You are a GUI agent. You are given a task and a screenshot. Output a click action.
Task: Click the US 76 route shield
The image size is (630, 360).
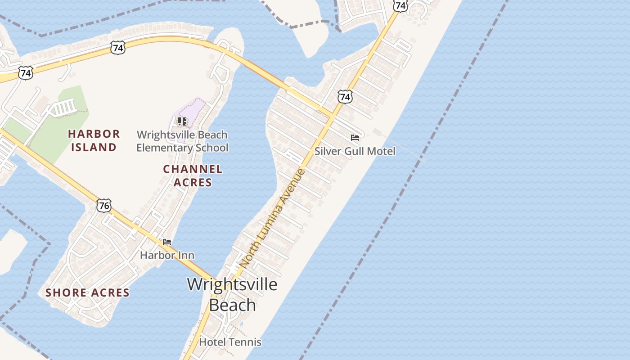104,206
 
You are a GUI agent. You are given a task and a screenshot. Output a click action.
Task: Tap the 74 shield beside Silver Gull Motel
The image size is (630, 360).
345,96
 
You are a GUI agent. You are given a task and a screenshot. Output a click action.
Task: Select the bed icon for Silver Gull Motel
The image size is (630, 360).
355,138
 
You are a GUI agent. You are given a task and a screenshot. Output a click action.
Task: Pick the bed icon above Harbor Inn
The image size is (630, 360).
167,242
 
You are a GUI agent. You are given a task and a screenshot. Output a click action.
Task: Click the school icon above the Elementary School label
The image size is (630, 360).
182,121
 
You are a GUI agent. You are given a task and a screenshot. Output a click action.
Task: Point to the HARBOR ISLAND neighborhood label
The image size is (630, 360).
94,140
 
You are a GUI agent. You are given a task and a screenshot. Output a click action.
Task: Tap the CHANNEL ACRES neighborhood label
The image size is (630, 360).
193,175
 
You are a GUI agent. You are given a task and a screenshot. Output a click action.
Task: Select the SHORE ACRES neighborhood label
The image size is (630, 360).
87,293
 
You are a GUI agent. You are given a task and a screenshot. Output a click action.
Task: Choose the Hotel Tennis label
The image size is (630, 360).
230,342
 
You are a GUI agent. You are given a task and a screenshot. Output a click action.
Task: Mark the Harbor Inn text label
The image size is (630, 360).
167,255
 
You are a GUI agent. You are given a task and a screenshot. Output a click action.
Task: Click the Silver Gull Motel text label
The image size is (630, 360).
355,151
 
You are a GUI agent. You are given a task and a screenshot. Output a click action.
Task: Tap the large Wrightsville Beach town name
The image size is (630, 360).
232,295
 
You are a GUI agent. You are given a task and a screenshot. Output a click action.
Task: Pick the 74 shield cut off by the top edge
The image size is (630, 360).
400,5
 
